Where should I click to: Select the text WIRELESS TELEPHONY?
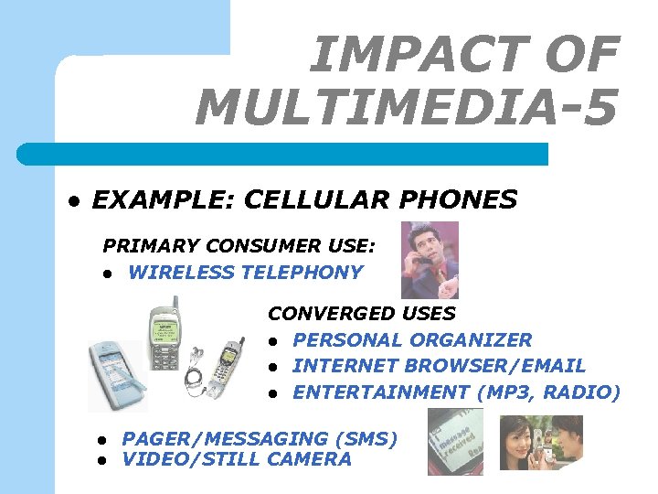point(245,272)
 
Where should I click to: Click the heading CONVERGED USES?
point(361,313)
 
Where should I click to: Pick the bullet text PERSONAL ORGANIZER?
point(412,339)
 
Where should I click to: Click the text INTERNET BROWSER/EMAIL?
point(439,366)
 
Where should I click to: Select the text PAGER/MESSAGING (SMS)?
point(260,439)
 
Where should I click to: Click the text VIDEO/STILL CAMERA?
point(236,459)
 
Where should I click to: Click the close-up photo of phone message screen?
point(455,443)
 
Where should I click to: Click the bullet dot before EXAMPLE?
point(74,200)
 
